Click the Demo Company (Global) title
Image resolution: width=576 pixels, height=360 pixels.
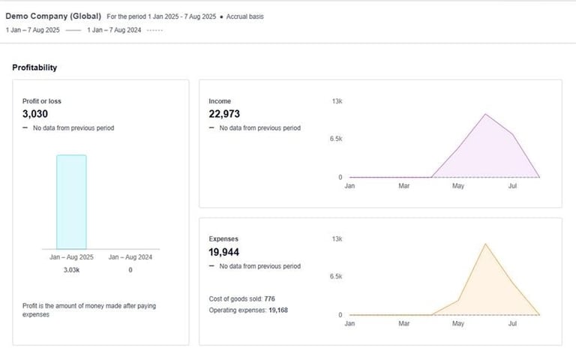pos(53,16)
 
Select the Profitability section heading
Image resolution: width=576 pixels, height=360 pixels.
pos(34,67)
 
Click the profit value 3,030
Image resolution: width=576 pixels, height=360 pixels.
pos(35,114)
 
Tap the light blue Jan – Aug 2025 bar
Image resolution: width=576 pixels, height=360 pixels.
pos(71,202)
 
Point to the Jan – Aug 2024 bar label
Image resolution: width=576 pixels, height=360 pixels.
pos(130,257)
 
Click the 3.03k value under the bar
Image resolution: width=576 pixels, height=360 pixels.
pos(71,269)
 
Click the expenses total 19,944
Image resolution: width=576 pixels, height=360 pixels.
pos(224,252)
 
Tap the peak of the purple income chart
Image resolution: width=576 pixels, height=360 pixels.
pos(485,115)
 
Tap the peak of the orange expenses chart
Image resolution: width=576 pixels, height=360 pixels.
pos(485,244)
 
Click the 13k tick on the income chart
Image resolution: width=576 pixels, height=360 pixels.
pos(337,100)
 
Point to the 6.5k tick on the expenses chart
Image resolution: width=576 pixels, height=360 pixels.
pos(335,277)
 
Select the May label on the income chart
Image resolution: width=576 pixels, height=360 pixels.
pos(457,186)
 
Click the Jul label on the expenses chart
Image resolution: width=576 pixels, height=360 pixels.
pos(512,324)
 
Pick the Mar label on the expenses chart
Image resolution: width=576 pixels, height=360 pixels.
pos(403,324)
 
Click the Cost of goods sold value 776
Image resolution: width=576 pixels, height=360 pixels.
pos(269,298)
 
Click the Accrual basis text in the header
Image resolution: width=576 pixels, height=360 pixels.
pos(244,16)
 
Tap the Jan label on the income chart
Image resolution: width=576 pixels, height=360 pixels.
pos(349,186)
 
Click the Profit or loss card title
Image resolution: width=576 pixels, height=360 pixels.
pos(37,100)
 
